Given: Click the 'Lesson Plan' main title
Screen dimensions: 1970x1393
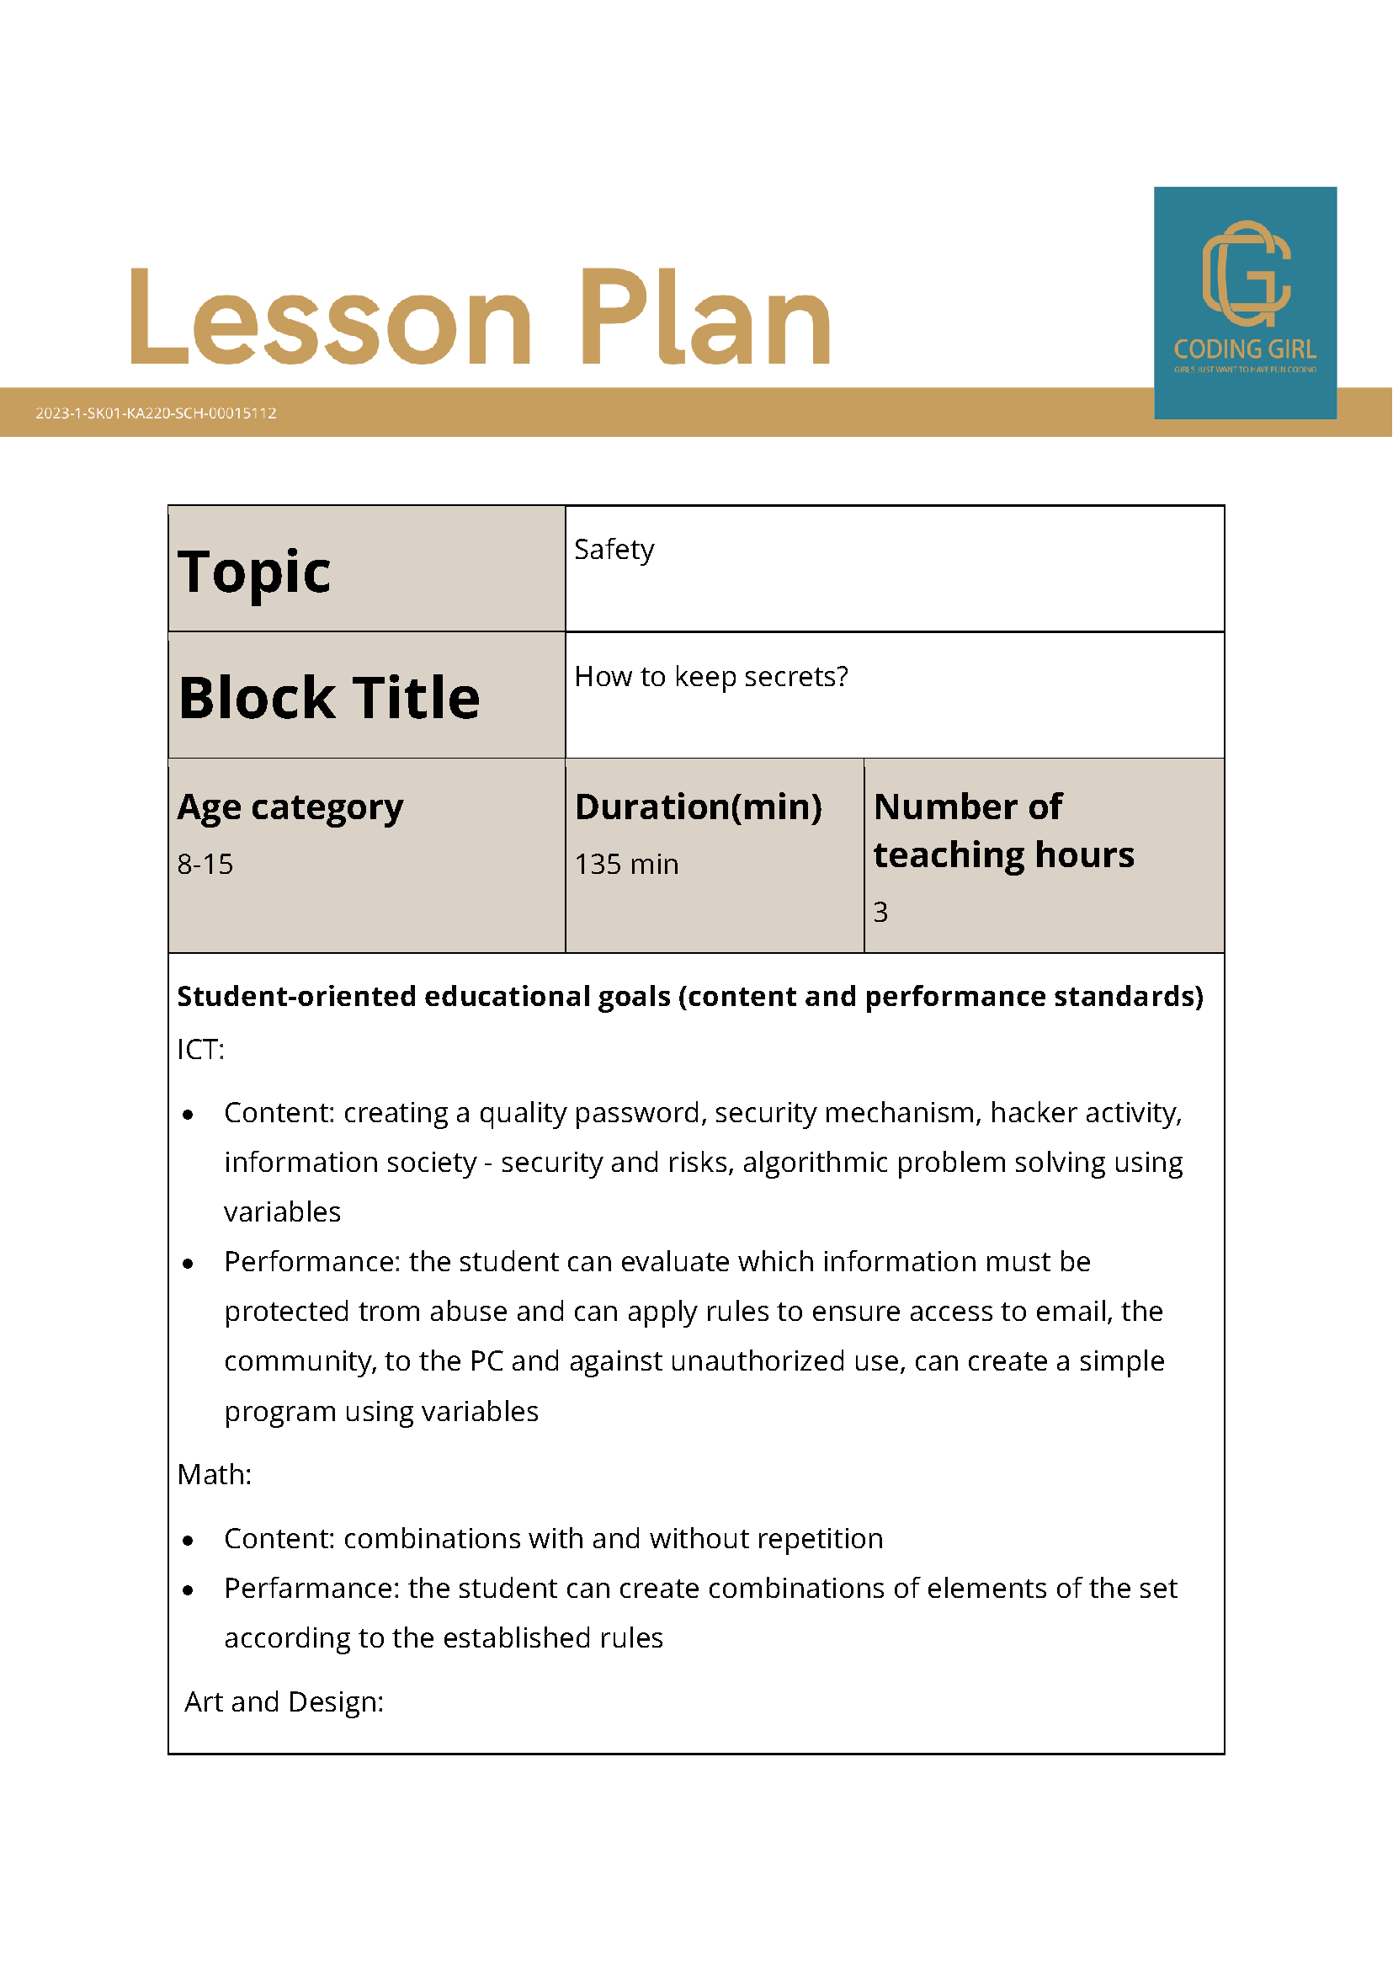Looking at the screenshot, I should pos(481,317).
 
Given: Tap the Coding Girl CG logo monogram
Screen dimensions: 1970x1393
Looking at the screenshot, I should pos(1246,274).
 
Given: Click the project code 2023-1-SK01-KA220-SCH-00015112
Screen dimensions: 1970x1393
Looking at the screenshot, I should pos(156,413).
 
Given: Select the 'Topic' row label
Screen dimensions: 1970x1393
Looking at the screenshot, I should pos(254,572).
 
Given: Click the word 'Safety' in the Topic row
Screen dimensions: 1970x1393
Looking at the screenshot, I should pos(614,549).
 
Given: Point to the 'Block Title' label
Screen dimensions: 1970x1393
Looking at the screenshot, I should pos(328,697).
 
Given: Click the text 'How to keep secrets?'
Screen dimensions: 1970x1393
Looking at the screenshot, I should pos(711,676).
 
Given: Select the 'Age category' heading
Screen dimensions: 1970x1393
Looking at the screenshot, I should pos(290,807).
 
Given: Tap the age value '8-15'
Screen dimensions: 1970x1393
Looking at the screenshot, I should pos(205,864).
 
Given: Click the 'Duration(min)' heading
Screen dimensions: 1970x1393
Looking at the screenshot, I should pos(699,807).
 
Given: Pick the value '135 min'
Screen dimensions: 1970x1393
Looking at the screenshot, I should pos(626,864).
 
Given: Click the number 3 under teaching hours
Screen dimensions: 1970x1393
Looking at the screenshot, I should pos(880,911).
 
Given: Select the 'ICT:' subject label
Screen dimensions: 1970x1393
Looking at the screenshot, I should pos(200,1049).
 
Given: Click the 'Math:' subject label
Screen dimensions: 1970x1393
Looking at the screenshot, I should pos(215,1474).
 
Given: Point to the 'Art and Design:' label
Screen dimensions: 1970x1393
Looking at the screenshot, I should pos(284,1701).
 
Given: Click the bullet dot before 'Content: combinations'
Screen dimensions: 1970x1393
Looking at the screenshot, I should pos(188,1541).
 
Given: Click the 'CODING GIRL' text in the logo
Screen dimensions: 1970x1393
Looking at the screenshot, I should pos(1245,349).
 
